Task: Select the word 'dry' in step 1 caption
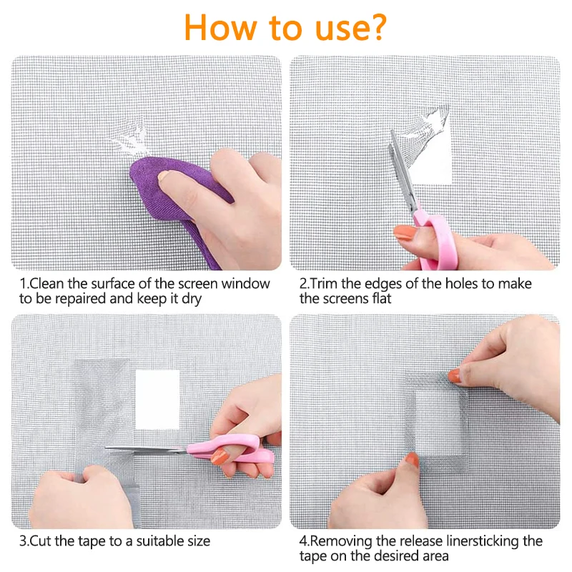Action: (192, 299)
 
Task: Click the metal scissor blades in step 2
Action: (403, 172)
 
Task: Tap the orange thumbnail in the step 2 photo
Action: (405, 233)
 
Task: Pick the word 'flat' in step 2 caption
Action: (382, 298)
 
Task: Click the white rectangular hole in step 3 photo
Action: (157, 400)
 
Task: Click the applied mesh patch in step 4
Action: (437, 420)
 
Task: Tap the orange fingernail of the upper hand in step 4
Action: (454, 375)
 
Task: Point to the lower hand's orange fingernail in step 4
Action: (413, 460)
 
